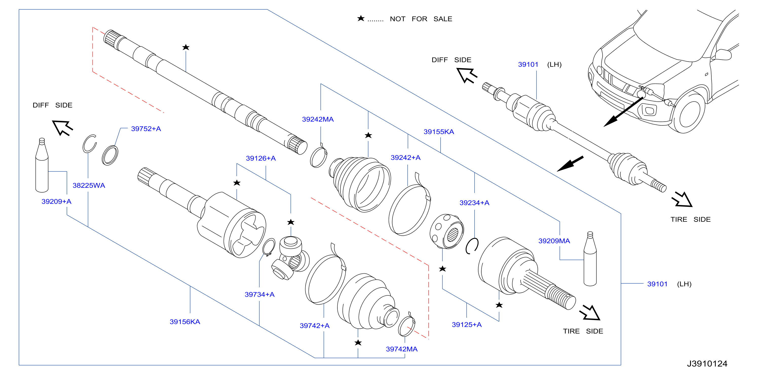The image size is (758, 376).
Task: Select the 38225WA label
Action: coord(89,185)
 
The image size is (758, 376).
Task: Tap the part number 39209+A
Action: coord(56,201)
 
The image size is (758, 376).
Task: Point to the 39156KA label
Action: coord(185,322)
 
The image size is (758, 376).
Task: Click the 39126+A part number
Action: coord(261,158)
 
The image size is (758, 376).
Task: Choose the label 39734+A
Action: coord(259,294)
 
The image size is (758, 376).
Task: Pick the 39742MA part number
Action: coord(402,349)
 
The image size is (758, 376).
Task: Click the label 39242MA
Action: coord(318,119)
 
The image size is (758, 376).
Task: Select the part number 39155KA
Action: coord(439,131)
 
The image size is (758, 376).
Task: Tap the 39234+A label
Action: coord(474,203)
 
